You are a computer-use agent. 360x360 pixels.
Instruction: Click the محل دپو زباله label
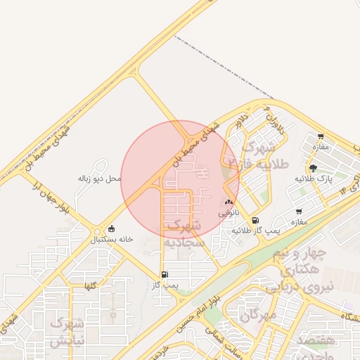(x=99, y=179)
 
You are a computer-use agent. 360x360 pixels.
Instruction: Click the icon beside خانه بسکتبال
(x=111, y=229)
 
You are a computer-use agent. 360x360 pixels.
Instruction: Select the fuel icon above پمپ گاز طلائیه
(x=255, y=220)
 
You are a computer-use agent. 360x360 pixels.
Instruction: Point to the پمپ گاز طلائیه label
(x=257, y=231)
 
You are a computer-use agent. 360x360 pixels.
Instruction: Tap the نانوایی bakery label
(x=229, y=212)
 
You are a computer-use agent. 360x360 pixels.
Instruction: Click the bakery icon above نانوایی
(x=229, y=202)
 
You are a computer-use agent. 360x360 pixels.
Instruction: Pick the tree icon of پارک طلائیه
(x=313, y=168)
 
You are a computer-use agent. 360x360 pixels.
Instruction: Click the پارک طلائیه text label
(x=313, y=179)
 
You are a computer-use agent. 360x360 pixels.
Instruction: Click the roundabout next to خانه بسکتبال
(x=97, y=231)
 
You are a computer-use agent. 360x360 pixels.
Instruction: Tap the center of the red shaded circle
(x=180, y=179)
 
